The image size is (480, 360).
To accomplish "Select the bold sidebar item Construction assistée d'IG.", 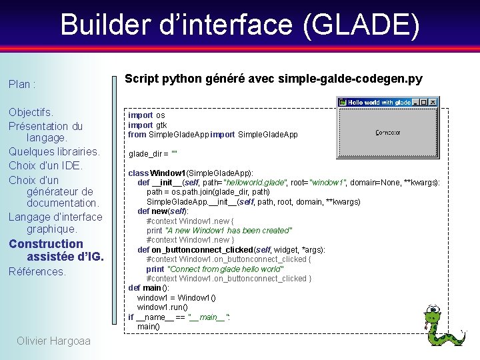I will [x=55, y=250].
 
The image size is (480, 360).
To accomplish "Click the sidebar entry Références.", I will [x=37, y=272].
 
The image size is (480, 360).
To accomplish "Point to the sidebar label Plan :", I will [x=22, y=85].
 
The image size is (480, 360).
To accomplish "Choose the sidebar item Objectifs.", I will [x=31, y=112].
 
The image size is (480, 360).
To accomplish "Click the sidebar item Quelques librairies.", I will [x=54, y=151].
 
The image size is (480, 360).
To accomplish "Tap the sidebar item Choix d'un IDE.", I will [x=45, y=165].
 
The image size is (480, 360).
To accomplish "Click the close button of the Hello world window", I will [x=432, y=102].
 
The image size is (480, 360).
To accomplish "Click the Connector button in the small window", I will [x=388, y=133].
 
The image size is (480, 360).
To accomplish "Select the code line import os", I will [x=146, y=115].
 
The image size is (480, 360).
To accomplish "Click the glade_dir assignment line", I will [x=153, y=153].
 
